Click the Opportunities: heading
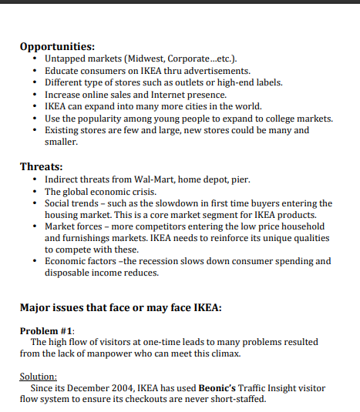pyautogui.click(x=57, y=45)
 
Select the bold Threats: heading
pyautogui.click(x=41, y=166)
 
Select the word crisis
pyautogui.click(x=140, y=191)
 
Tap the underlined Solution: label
pyautogui.click(x=39, y=377)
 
